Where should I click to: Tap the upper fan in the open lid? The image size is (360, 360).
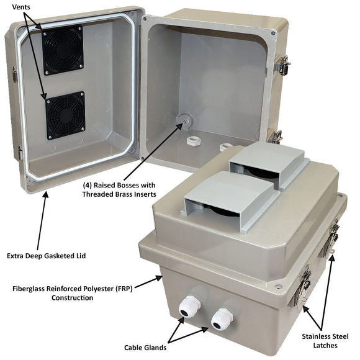pos(62,49)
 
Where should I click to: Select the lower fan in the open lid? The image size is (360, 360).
pos(65,115)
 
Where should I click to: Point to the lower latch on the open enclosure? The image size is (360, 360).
pos(275,135)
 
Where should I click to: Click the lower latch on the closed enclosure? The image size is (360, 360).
pos(303,289)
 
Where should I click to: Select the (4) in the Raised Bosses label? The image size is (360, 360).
pos(89,185)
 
